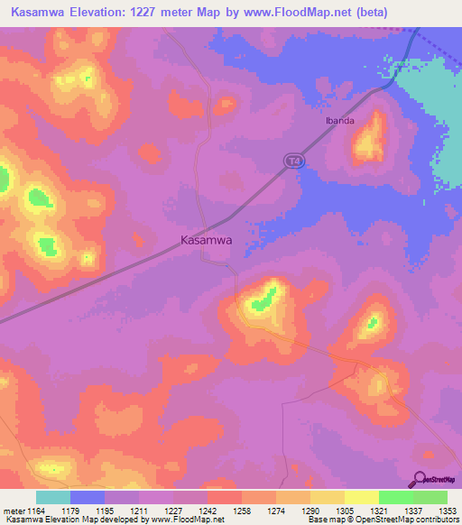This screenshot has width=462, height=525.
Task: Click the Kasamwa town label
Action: (207, 241)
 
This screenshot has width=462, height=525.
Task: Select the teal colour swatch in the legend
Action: (53, 497)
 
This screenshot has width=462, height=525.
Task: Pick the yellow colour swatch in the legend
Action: (361, 497)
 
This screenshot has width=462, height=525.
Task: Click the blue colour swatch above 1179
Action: (88, 497)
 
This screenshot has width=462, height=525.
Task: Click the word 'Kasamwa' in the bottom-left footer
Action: (21, 520)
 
